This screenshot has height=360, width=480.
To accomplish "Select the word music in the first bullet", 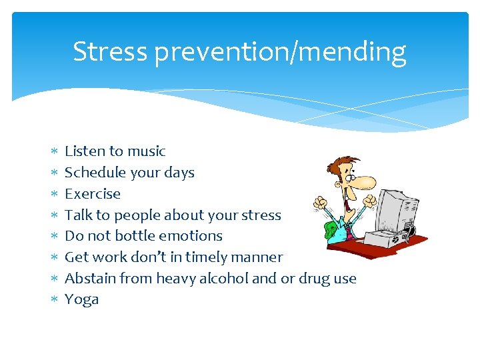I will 147,151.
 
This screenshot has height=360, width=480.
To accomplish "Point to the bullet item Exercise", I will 93,194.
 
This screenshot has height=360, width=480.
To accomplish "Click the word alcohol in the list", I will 224,279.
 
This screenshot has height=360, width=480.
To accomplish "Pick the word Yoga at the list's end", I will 81,300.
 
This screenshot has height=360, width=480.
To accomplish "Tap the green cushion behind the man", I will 330,230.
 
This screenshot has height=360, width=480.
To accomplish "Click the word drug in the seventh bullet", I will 315,279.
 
